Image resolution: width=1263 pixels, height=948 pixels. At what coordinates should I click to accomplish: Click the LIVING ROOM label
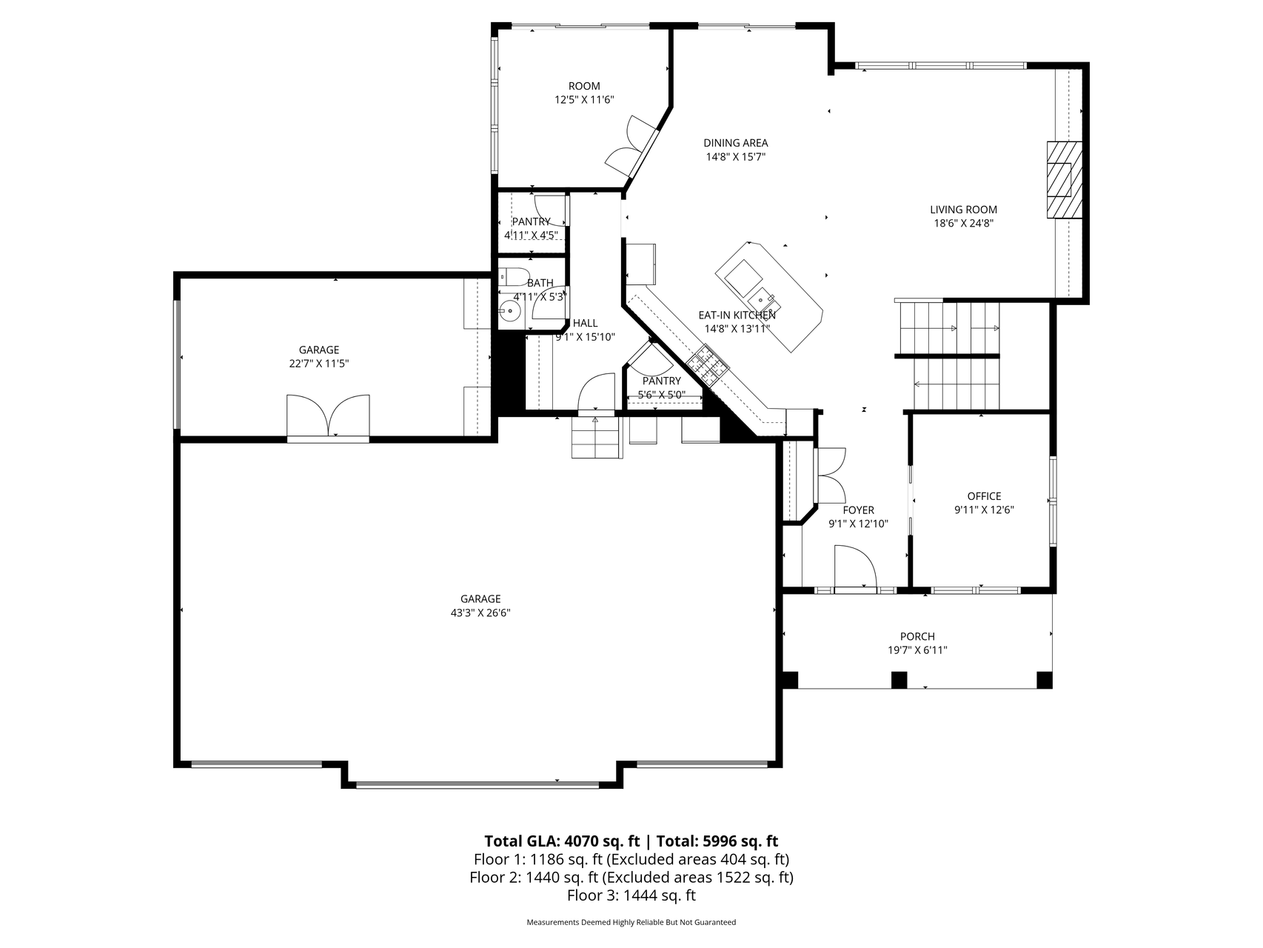pos(963,210)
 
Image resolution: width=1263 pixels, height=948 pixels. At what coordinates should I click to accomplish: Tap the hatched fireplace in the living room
pos(1064,180)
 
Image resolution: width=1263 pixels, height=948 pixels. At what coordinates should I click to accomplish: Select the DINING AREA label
pos(735,143)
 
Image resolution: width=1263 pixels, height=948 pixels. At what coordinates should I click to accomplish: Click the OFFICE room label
pos(984,496)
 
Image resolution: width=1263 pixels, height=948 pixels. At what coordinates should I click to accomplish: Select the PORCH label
pos(917,636)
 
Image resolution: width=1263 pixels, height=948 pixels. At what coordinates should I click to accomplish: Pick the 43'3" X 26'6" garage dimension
pos(480,613)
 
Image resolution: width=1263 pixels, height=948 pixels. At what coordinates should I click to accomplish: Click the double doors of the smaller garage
pos(328,417)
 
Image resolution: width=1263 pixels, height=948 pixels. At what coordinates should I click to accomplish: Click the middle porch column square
pos(899,679)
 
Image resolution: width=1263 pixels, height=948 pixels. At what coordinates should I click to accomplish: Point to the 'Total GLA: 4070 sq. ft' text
pos(562,841)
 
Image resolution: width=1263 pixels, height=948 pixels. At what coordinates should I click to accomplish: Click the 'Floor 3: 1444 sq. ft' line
pos(631,895)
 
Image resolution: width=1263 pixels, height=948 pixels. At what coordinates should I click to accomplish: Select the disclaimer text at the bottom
pos(631,923)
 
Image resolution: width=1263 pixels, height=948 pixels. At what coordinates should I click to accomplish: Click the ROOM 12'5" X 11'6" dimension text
pos(584,99)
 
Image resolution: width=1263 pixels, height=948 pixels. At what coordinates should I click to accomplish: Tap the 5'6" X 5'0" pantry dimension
pos(661,395)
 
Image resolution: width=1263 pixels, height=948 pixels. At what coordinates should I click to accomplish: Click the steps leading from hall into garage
pos(596,437)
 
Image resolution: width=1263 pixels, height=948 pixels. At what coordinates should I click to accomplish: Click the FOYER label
pos(858,510)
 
